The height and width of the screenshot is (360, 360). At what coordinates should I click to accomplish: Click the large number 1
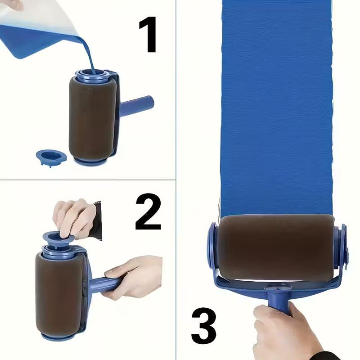tap(148, 35)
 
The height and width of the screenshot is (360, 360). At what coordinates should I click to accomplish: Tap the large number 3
tap(203, 325)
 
